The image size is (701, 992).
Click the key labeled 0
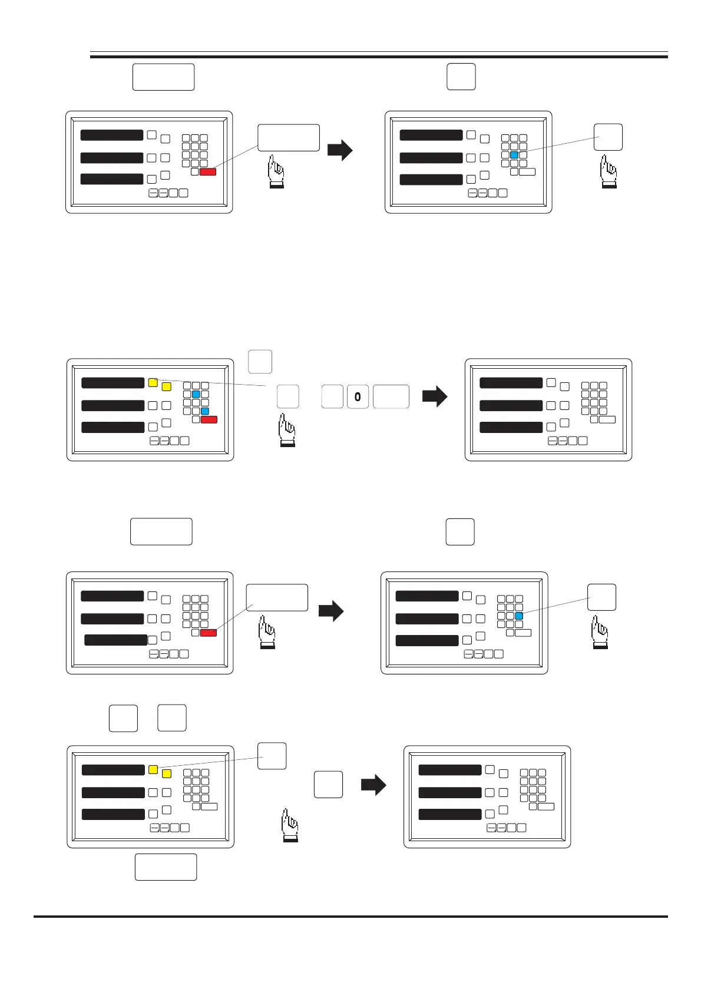[x=358, y=397]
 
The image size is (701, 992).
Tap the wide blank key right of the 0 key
[x=391, y=397]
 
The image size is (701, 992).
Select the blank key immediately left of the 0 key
[x=332, y=397]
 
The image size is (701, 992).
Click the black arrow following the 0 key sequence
[x=435, y=396]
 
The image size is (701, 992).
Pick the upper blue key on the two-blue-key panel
[x=196, y=394]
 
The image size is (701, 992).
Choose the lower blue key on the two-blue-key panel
[x=205, y=411]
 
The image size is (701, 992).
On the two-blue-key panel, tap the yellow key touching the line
[x=153, y=382]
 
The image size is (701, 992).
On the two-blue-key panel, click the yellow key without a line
[x=166, y=387]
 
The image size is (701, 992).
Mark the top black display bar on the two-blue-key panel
[x=113, y=383]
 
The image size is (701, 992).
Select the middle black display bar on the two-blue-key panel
[x=113, y=405]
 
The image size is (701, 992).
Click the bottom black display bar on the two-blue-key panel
[x=113, y=427]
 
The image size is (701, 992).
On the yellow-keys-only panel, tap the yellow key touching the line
[x=153, y=769]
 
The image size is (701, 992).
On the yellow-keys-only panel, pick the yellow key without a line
[x=167, y=773]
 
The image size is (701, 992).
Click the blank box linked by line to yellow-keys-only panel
[x=272, y=756]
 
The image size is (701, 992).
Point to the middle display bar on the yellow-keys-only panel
[x=113, y=792]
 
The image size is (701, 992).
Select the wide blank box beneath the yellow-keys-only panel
[x=166, y=867]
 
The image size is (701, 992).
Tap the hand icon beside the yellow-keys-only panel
[x=290, y=825]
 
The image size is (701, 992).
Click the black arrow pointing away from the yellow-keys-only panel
[x=373, y=785]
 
